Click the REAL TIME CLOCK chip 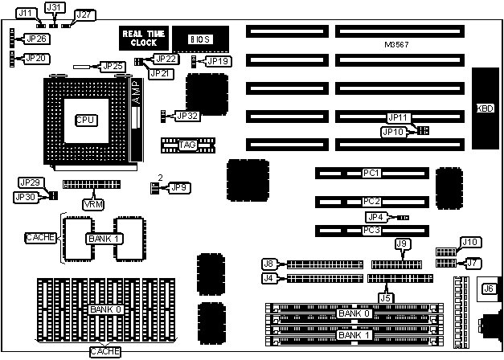[145, 38]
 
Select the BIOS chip [199, 39]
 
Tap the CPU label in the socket [85, 120]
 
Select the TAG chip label [187, 145]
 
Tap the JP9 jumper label [179, 187]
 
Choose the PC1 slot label [371, 173]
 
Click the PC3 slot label [371, 231]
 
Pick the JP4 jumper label [375, 216]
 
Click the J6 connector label [487, 289]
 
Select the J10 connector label [469, 242]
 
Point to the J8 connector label [270, 263]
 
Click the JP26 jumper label [37, 39]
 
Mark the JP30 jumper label [26, 197]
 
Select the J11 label [26, 14]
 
